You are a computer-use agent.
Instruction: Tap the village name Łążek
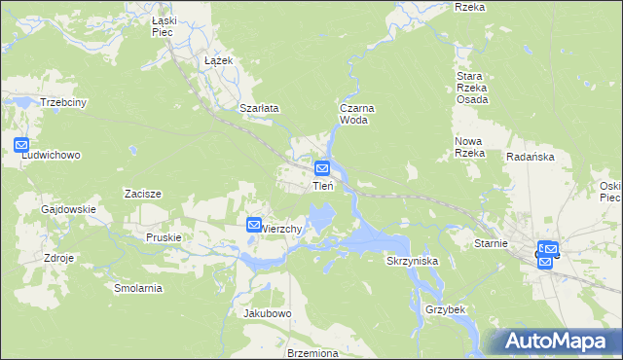coord(217,60)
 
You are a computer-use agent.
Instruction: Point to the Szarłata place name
coord(260,108)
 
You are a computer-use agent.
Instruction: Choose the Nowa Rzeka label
coord(470,147)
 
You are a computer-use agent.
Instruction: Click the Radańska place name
coord(530,157)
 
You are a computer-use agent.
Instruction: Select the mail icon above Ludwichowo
coord(22,145)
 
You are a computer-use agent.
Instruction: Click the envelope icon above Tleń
coord(320,168)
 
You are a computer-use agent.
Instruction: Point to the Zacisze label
coord(142,194)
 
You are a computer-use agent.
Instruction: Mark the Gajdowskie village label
coord(68,209)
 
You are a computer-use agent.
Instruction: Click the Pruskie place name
coord(164,236)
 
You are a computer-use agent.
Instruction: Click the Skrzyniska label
coord(414,262)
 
